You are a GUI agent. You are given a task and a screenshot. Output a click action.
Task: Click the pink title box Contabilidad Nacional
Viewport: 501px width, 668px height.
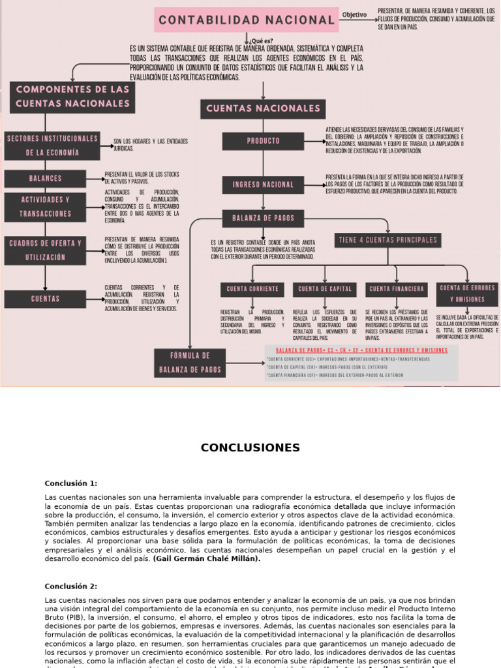tap(247, 20)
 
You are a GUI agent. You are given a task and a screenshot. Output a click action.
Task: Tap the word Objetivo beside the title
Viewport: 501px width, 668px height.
tap(354, 14)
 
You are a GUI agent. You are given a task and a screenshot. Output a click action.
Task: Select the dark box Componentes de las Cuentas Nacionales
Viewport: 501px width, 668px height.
tap(72, 97)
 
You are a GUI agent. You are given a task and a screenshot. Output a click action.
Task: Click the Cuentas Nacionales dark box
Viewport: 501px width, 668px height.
tap(263, 108)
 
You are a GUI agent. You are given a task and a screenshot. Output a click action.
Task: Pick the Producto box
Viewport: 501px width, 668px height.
tap(263, 141)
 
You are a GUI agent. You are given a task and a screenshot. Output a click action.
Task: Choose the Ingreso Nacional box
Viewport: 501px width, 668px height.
tap(263, 185)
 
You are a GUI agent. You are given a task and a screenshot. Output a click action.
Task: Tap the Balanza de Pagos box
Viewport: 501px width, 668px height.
tap(263, 218)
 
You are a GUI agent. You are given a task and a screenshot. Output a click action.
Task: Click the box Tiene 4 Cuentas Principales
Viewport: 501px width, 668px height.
tap(387, 240)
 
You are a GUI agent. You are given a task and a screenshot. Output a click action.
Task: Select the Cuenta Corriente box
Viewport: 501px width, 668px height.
tap(252, 288)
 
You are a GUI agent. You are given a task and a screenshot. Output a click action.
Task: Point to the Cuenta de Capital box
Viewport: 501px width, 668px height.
tap(326, 288)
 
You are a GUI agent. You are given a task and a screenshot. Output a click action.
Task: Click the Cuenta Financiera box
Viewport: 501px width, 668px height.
tap(397, 288)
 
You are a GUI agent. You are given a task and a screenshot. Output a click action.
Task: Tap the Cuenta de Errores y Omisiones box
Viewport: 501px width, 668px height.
tap(467, 294)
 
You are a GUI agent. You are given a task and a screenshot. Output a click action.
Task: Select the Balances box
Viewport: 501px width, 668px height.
tap(45, 178)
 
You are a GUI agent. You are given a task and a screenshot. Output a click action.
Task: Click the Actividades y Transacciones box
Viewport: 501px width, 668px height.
tap(45, 206)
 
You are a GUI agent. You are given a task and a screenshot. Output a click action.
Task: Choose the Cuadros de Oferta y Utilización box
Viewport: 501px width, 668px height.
tap(45, 250)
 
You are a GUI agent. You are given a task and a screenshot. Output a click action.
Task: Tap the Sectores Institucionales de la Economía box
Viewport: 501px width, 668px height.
tap(52, 145)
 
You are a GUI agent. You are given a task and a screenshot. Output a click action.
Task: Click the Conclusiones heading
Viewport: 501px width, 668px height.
tap(250, 448)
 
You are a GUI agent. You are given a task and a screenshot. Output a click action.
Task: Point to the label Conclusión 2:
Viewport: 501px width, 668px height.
tap(71, 586)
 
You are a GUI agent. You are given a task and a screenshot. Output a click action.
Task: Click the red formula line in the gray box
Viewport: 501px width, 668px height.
tap(361, 350)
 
